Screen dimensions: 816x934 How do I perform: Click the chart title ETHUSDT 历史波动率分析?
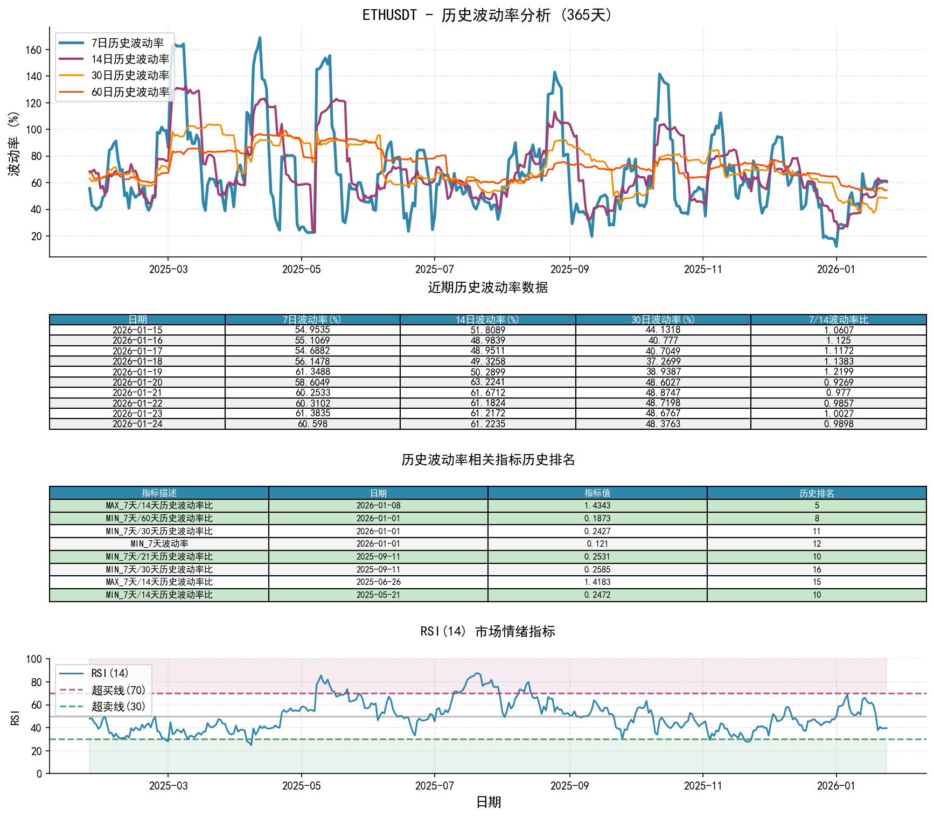coord(487,15)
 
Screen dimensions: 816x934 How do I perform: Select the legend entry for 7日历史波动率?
coord(127,43)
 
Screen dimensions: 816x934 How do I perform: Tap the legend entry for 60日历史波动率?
coord(130,92)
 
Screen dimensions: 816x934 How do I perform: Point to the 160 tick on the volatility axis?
coord(33,50)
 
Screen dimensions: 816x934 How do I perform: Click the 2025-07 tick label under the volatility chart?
coord(434,269)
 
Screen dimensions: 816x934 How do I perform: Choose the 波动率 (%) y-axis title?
coord(14,143)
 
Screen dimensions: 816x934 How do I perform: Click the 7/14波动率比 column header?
coord(838,320)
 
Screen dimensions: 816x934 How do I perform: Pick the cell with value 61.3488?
coord(312,372)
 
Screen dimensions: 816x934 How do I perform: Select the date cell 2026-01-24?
coord(137,424)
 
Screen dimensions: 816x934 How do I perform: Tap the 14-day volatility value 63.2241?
coord(487,382)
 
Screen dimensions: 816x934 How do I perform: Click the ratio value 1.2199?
coord(838,372)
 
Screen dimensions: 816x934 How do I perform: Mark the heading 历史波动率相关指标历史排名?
coord(487,460)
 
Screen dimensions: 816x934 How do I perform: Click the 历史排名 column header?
coord(817,493)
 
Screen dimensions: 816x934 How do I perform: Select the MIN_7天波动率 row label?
coord(159,544)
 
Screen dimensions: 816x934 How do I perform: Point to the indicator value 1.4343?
coord(597,506)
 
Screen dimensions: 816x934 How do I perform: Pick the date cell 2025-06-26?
coord(378,582)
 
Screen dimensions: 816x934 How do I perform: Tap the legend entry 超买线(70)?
coord(118,691)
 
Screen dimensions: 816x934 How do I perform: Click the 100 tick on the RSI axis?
coord(34,659)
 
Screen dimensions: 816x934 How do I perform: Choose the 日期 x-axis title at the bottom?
coord(489,803)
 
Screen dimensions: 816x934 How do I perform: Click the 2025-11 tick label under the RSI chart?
coord(702,786)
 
